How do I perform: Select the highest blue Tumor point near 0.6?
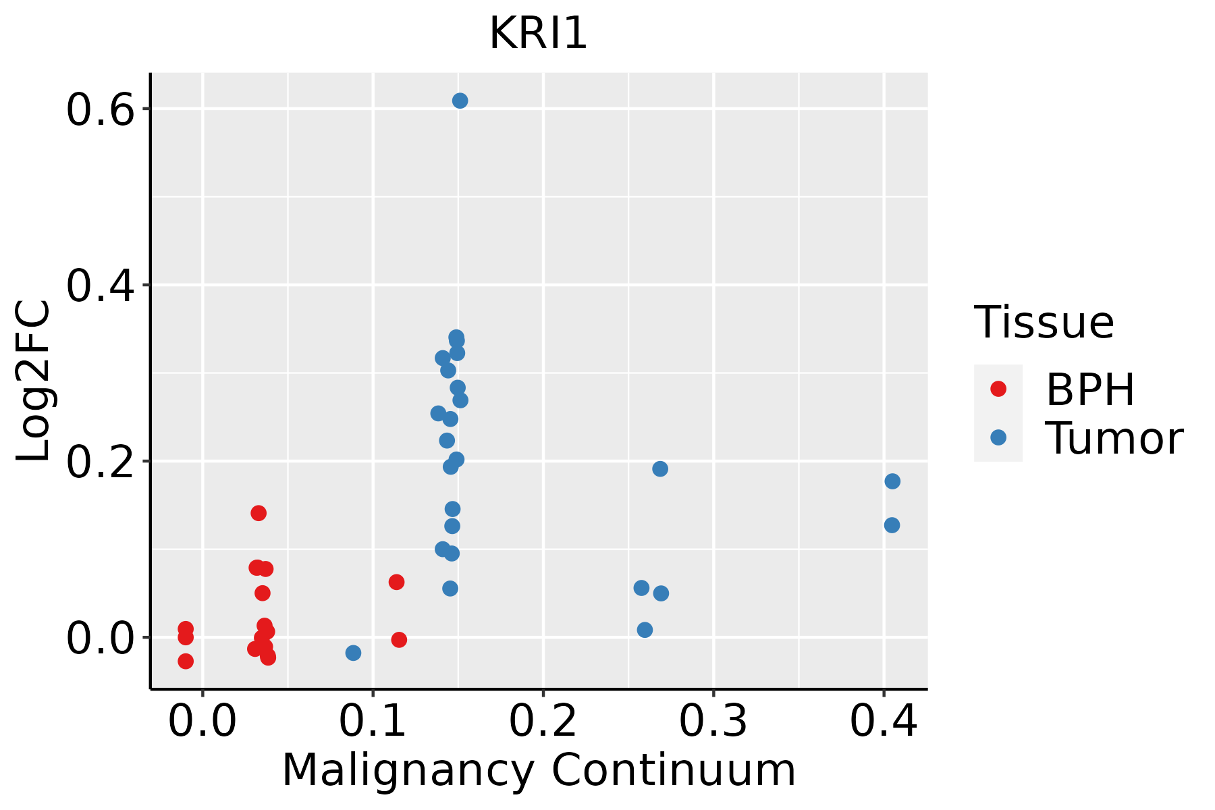click(460, 101)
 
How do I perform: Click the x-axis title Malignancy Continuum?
click(538, 770)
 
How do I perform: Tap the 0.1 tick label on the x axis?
click(373, 721)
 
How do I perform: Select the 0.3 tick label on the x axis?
click(713, 721)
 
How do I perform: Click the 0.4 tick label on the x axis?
click(883, 721)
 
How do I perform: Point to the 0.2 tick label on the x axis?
click(543, 721)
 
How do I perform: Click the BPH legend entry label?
click(1090, 389)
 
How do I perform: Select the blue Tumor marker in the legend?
click(998, 437)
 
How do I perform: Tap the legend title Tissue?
click(1044, 323)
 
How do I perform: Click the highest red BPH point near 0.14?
click(259, 513)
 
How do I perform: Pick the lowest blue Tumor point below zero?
click(353, 653)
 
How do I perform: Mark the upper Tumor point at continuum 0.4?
click(892, 481)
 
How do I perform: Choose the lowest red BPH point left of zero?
click(186, 661)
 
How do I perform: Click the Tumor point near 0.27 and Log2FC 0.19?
click(660, 468)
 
